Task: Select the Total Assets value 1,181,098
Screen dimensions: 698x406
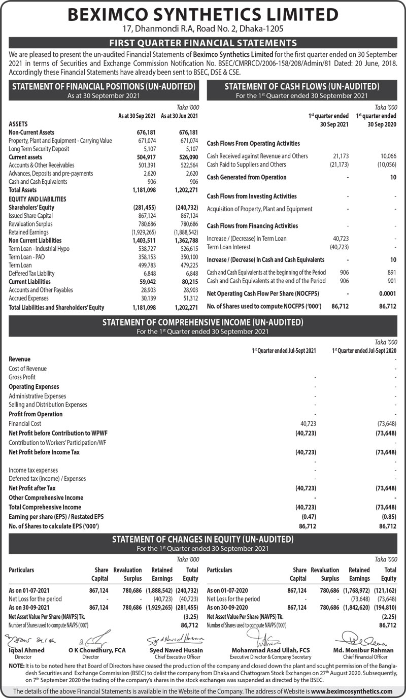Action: [143, 190]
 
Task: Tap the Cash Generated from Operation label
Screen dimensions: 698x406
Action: [247, 177]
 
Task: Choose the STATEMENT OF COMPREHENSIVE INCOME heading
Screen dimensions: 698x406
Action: [203, 322]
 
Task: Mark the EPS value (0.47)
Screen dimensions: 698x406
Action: [309, 517]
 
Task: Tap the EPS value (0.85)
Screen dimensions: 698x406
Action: [388, 517]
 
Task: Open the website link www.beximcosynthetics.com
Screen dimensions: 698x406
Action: [352, 691]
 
